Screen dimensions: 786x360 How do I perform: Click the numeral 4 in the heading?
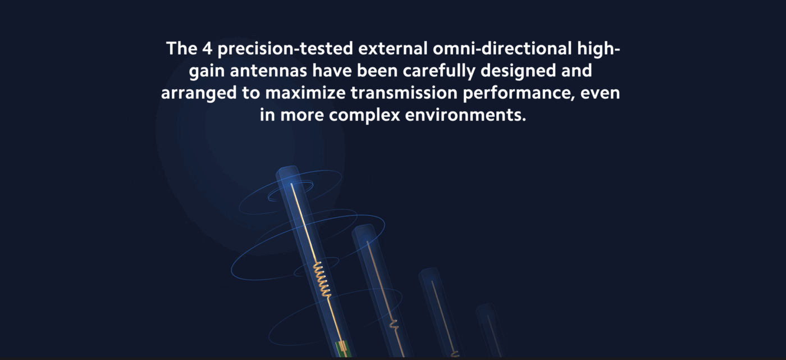(x=207, y=48)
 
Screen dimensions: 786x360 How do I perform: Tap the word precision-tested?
(x=285, y=49)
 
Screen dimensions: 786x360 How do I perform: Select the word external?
(x=392, y=48)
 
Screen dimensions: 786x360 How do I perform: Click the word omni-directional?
(x=502, y=48)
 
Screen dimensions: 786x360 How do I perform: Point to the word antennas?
(x=268, y=71)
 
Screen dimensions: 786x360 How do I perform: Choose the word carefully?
(x=439, y=71)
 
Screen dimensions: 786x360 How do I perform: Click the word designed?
(x=518, y=71)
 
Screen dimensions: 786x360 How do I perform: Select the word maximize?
(x=305, y=93)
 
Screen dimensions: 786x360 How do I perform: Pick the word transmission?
(x=404, y=93)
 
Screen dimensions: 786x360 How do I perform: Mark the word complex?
(x=364, y=116)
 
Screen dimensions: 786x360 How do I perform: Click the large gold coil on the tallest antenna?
(x=322, y=279)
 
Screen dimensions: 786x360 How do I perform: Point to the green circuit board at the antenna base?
(x=342, y=349)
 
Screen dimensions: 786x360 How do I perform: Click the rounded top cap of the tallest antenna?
(x=287, y=171)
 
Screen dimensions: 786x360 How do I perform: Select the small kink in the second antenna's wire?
(x=394, y=325)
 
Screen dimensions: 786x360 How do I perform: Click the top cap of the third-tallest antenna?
(x=428, y=272)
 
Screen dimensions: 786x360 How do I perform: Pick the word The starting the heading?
(x=181, y=48)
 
